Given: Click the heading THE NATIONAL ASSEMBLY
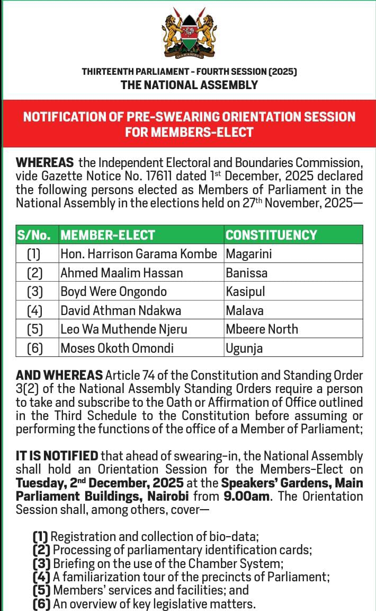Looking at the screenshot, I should point(189,85).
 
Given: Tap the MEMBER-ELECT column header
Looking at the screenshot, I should point(108,235).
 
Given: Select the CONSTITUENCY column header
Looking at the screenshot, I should point(271,235).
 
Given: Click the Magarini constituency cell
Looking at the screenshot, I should point(249,254).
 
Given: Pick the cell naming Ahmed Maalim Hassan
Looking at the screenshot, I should point(122,273).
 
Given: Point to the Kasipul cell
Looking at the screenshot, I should point(245,292).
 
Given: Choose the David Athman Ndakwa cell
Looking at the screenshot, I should point(121,310).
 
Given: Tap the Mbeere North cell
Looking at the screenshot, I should point(262,329).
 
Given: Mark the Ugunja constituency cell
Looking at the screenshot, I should point(244,348).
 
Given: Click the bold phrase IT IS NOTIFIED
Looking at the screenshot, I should point(57,456).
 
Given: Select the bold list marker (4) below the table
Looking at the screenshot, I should point(41,577).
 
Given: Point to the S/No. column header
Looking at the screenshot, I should point(34,235).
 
